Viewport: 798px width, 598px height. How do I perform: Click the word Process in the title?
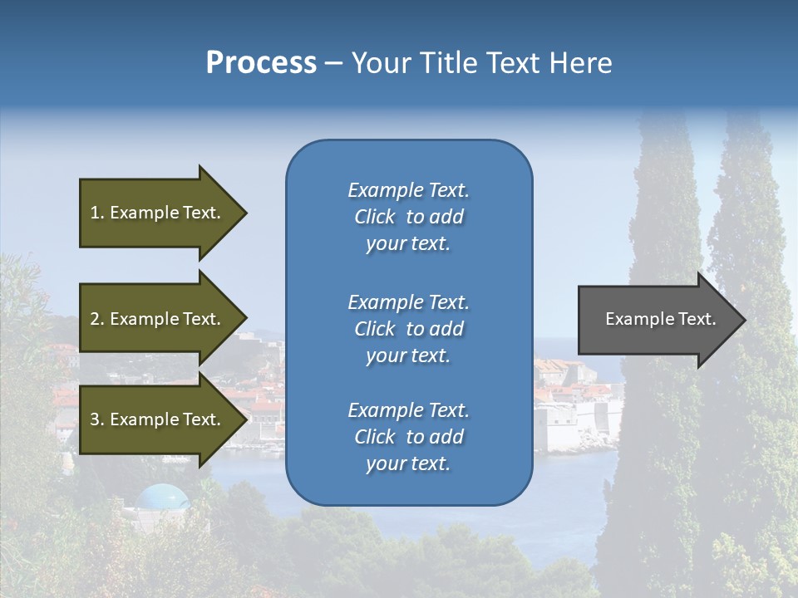[261, 63]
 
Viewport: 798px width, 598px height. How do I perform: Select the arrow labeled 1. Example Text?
[158, 213]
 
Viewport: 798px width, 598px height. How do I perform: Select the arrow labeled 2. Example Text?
[158, 319]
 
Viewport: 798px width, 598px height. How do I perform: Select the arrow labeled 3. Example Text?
[158, 419]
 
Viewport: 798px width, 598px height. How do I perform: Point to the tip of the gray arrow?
[744, 320]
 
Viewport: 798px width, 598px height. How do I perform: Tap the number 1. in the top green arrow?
[97, 213]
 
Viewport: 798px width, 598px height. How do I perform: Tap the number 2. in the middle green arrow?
[97, 319]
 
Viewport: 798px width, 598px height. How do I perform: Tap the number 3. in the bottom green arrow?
[97, 419]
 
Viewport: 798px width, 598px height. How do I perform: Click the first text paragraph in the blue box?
[408, 217]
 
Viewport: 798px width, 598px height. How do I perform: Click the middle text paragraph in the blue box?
[408, 329]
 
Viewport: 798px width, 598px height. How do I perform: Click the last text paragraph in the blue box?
[408, 437]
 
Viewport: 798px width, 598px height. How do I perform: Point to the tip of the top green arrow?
[246, 213]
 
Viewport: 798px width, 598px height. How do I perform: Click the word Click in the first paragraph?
[374, 218]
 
